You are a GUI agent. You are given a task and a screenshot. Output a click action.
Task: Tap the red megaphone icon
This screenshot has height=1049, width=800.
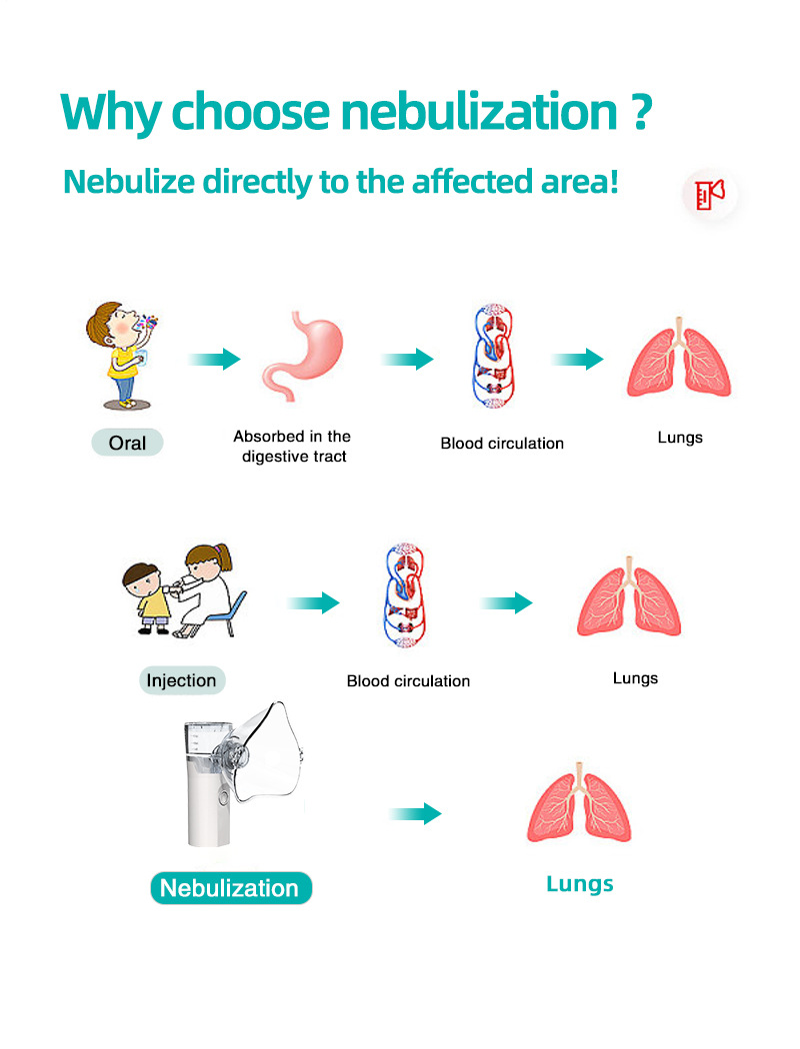tap(710, 194)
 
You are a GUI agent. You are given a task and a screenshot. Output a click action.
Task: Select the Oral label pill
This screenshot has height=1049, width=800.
tap(127, 443)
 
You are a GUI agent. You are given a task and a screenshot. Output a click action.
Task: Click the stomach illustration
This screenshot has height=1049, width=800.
tap(302, 356)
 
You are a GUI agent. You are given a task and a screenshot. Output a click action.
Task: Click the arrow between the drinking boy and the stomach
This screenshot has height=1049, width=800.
tap(214, 360)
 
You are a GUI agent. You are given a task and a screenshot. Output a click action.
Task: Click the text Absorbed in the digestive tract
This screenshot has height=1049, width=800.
tap(292, 447)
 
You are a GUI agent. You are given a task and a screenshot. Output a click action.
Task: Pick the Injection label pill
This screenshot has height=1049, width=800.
tap(181, 681)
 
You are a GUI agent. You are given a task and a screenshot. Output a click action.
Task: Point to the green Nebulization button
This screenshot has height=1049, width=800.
tap(230, 888)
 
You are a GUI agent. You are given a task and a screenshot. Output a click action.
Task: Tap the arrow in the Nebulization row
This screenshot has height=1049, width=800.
tap(416, 813)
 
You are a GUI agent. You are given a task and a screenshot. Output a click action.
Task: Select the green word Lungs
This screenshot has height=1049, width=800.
tap(580, 884)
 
